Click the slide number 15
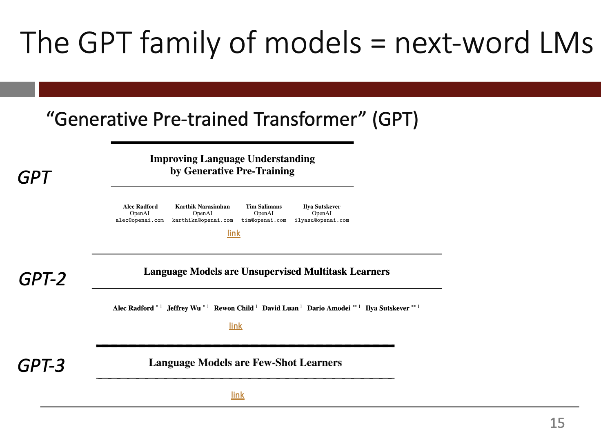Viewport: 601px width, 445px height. [x=557, y=423]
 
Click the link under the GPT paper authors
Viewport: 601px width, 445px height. [x=234, y=233]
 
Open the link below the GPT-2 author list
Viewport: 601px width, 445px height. [x=236, y=326]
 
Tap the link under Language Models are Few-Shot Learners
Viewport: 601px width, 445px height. [x=238, y=395]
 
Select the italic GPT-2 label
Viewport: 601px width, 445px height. [x=42, y=279]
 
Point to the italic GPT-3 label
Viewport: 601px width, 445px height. [x=41, y=365]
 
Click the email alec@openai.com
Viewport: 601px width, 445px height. [x=140, y=220]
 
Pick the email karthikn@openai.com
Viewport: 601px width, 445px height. [x=203, y=220]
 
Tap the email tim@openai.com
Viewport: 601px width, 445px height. [x=264, y=220]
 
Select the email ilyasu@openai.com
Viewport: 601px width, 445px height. [x=322, y=220]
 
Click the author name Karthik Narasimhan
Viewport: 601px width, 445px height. [x=203, y=207]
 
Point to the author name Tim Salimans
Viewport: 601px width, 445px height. [x=264, y=207]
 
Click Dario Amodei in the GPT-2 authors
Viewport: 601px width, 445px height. [x=329, y=308]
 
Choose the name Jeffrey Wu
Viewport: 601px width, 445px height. [x=184, y=308]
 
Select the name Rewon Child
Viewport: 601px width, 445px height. [x=234, y=308]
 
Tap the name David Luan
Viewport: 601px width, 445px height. [x=280, y=308]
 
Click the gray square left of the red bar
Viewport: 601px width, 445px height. [x=17, y=89]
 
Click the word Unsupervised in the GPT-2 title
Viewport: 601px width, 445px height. [x=272, y=272]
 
